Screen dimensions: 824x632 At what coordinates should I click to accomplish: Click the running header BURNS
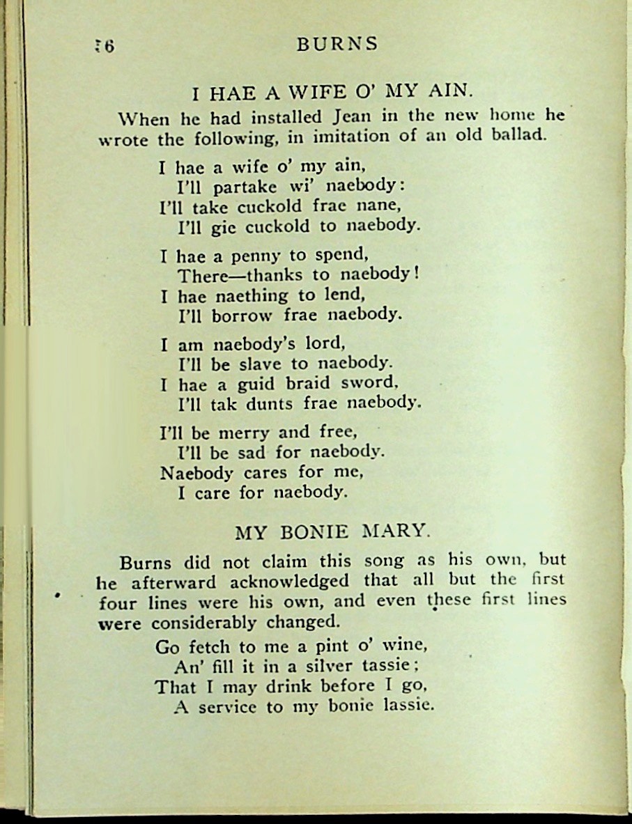[x=337, y=44]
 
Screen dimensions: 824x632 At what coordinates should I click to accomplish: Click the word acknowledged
[x=291, y=581]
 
